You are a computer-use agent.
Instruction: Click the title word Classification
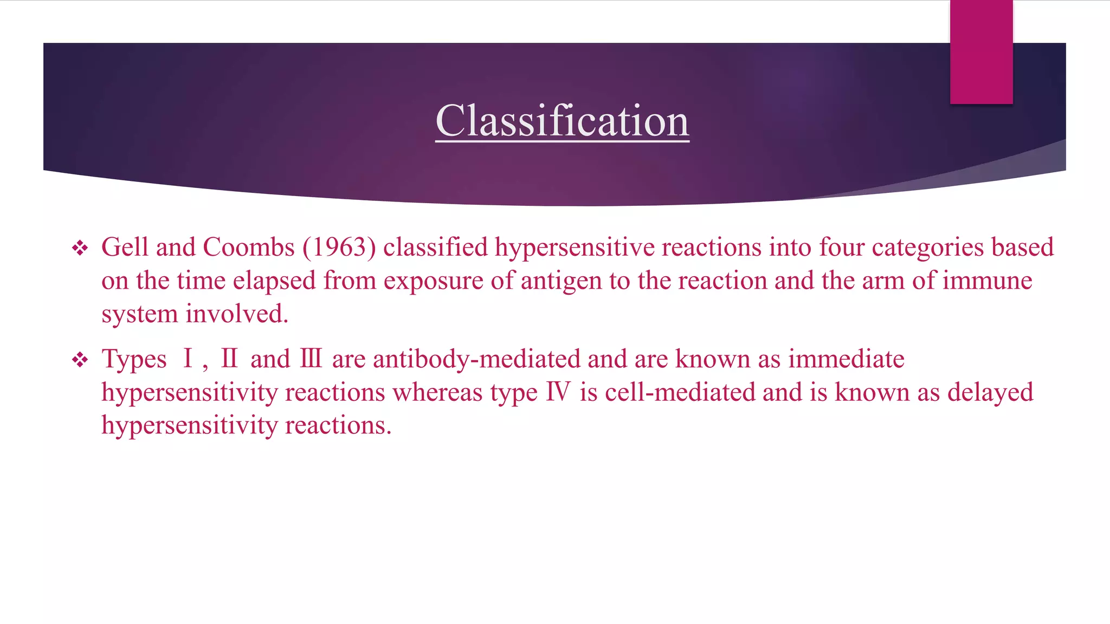[x=562, y=121]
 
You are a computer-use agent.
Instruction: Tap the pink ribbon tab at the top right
[x=981, y=51]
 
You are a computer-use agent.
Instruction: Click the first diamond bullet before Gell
[x=80, y=249]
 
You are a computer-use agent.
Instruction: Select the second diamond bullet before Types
[x=80, y=360]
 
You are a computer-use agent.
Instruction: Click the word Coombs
[x=249, y=248]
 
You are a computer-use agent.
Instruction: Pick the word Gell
[x=125, y=248]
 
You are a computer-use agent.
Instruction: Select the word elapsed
[x=274, y=281]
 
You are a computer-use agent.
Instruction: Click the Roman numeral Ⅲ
[x=311, y=359]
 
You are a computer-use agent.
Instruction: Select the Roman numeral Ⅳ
[x=558, y=392]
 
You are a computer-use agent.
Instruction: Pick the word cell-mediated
[x=680, y=392]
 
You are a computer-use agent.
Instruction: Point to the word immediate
[x=846, y=359]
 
